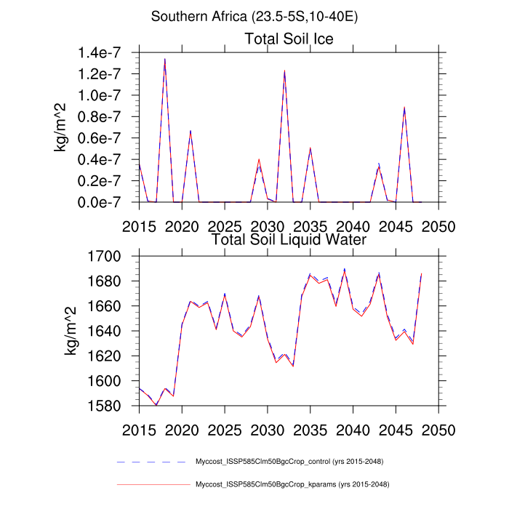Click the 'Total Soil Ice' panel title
[x=289, y=39]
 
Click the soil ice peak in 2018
[x=165, y=59]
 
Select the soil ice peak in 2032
[x=284, y=71]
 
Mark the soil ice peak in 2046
[x=404, y=108]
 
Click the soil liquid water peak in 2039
[x=344, y=269]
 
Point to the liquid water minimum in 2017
[x=156, y=405]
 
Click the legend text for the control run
[x=289, y=462]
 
